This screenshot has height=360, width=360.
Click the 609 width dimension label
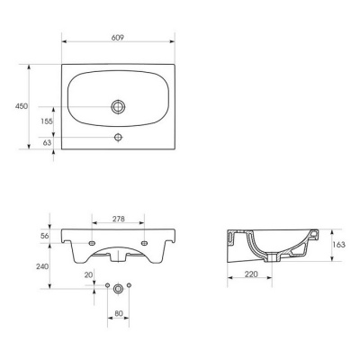pyautogui.click(x=118, y=38)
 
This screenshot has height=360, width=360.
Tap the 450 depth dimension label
pyautogui.click(x=22, y=106)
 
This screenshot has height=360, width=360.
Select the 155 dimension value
pyautogui.click(x=47, y=121)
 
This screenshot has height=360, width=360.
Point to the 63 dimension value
pyautogui.click(x=47, y=143)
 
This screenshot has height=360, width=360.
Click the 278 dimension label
pyautogui.click(x=119, y=219)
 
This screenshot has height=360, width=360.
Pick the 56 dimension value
pyautogui.click(x=45, y=236)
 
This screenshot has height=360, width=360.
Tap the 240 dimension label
pyautogui.click(x=42, y=266)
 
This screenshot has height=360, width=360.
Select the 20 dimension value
pyautogui.click(x=88, y=274)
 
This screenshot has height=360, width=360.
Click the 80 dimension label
pyautogui.click(x=119, y=313)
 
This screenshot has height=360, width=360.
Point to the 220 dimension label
pyautogui.click(x=251, y=274)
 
